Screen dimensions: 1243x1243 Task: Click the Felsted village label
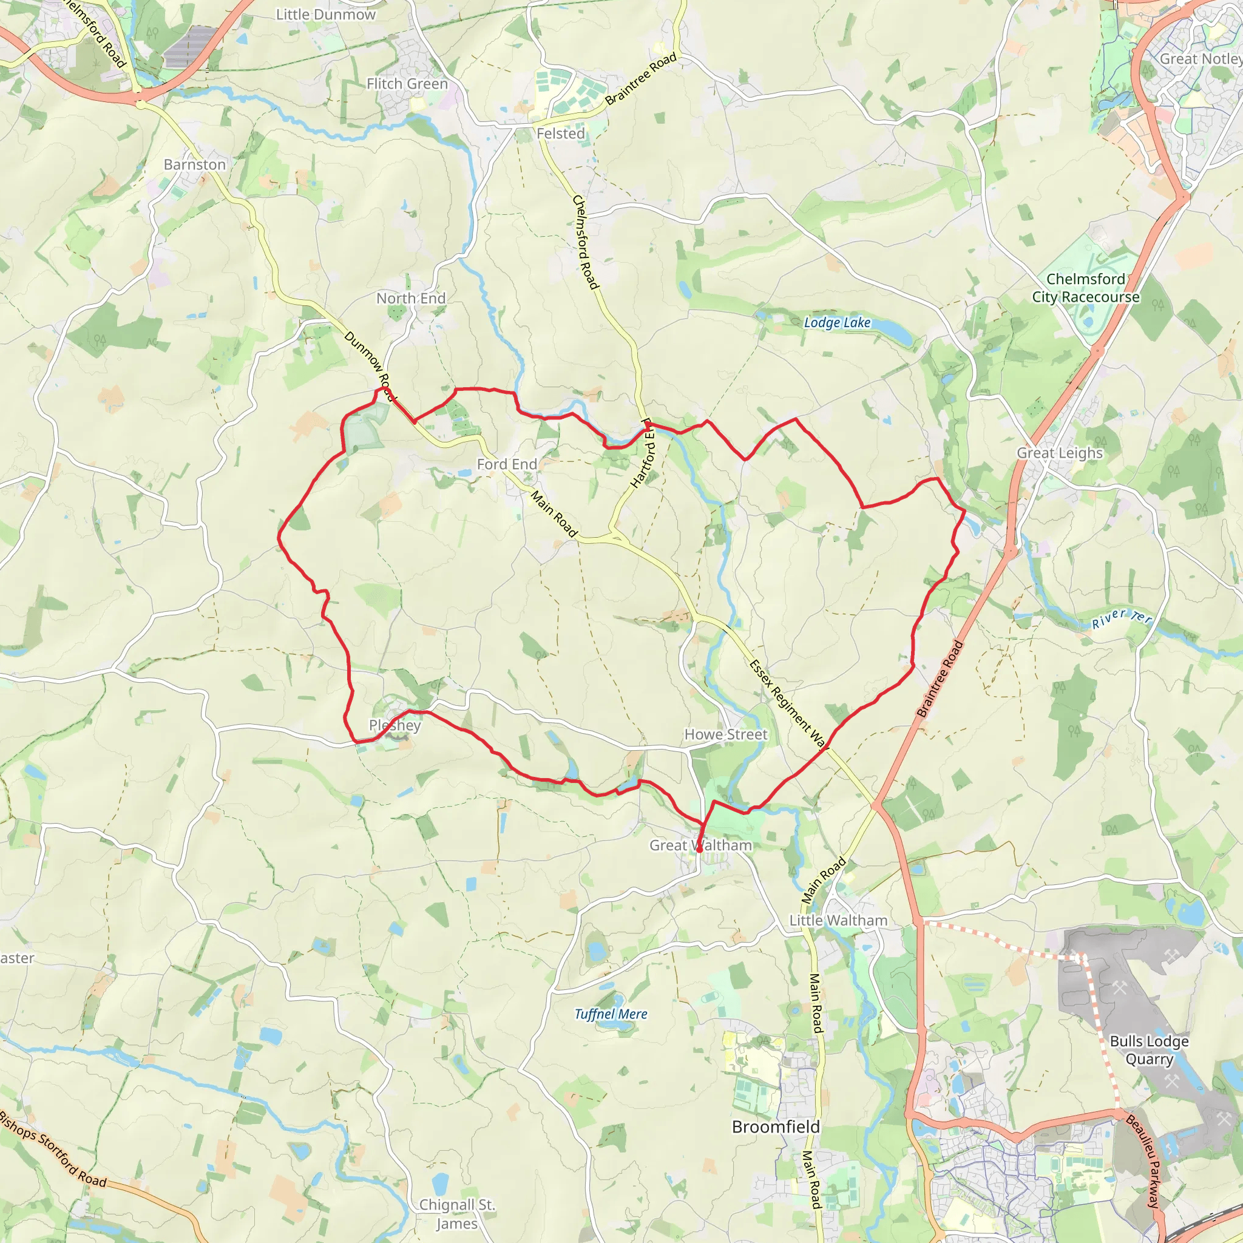click(560, 134)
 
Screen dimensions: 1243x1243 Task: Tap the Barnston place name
click(194, 164)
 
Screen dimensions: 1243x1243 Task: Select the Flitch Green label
click(407, 84)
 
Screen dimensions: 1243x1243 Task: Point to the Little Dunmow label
click(325, 14)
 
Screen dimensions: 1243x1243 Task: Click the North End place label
click(410, 298)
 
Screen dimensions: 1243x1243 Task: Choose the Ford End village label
click(506, 464)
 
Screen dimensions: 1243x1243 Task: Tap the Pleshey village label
click(395, 725)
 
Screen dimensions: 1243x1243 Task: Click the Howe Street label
click(725, 734)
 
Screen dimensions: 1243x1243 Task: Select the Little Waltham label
click(838, 920)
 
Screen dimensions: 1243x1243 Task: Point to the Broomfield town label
click(776, 1126)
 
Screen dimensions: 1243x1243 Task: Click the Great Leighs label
click(1059, 453)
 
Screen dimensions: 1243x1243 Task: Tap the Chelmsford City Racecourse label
click(1085, 288)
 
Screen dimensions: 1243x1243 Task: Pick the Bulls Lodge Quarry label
click(1149, 1050)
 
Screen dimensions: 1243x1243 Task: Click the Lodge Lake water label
click(837, 322)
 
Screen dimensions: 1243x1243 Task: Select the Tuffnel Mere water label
click(611, 1014)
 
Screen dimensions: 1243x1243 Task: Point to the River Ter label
click(1122, 618)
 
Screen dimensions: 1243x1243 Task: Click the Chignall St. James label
click(457, 1213)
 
